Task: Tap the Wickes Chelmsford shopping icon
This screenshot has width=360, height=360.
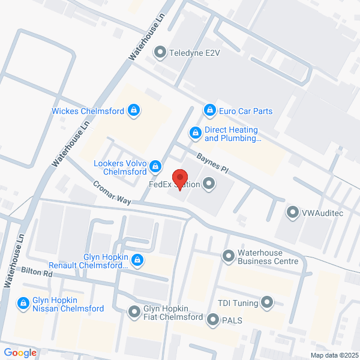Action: pos(135,110)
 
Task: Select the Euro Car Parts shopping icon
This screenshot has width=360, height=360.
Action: pos(209,110)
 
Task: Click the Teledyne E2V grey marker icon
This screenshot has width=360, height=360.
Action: pos(160,53)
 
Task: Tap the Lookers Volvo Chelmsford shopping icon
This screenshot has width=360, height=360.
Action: pos(155,165)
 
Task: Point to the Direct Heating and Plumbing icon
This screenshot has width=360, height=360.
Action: pos(195,133)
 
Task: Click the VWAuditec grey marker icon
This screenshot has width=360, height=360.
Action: pos(292,212)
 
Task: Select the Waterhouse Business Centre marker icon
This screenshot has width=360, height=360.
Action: pos(228,256)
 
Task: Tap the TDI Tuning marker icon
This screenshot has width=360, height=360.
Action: pos(267,303)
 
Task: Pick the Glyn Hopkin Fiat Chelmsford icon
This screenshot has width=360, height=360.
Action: pos(134,312)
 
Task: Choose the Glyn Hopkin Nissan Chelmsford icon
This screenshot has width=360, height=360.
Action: pos(23,304)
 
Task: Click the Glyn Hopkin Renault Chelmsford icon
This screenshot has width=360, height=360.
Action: pos(138,260)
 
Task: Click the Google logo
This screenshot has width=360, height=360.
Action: pos(20,353)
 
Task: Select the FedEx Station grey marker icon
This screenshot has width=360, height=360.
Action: pos(209,184)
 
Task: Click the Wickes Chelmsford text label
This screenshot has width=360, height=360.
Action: pos(88,111)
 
